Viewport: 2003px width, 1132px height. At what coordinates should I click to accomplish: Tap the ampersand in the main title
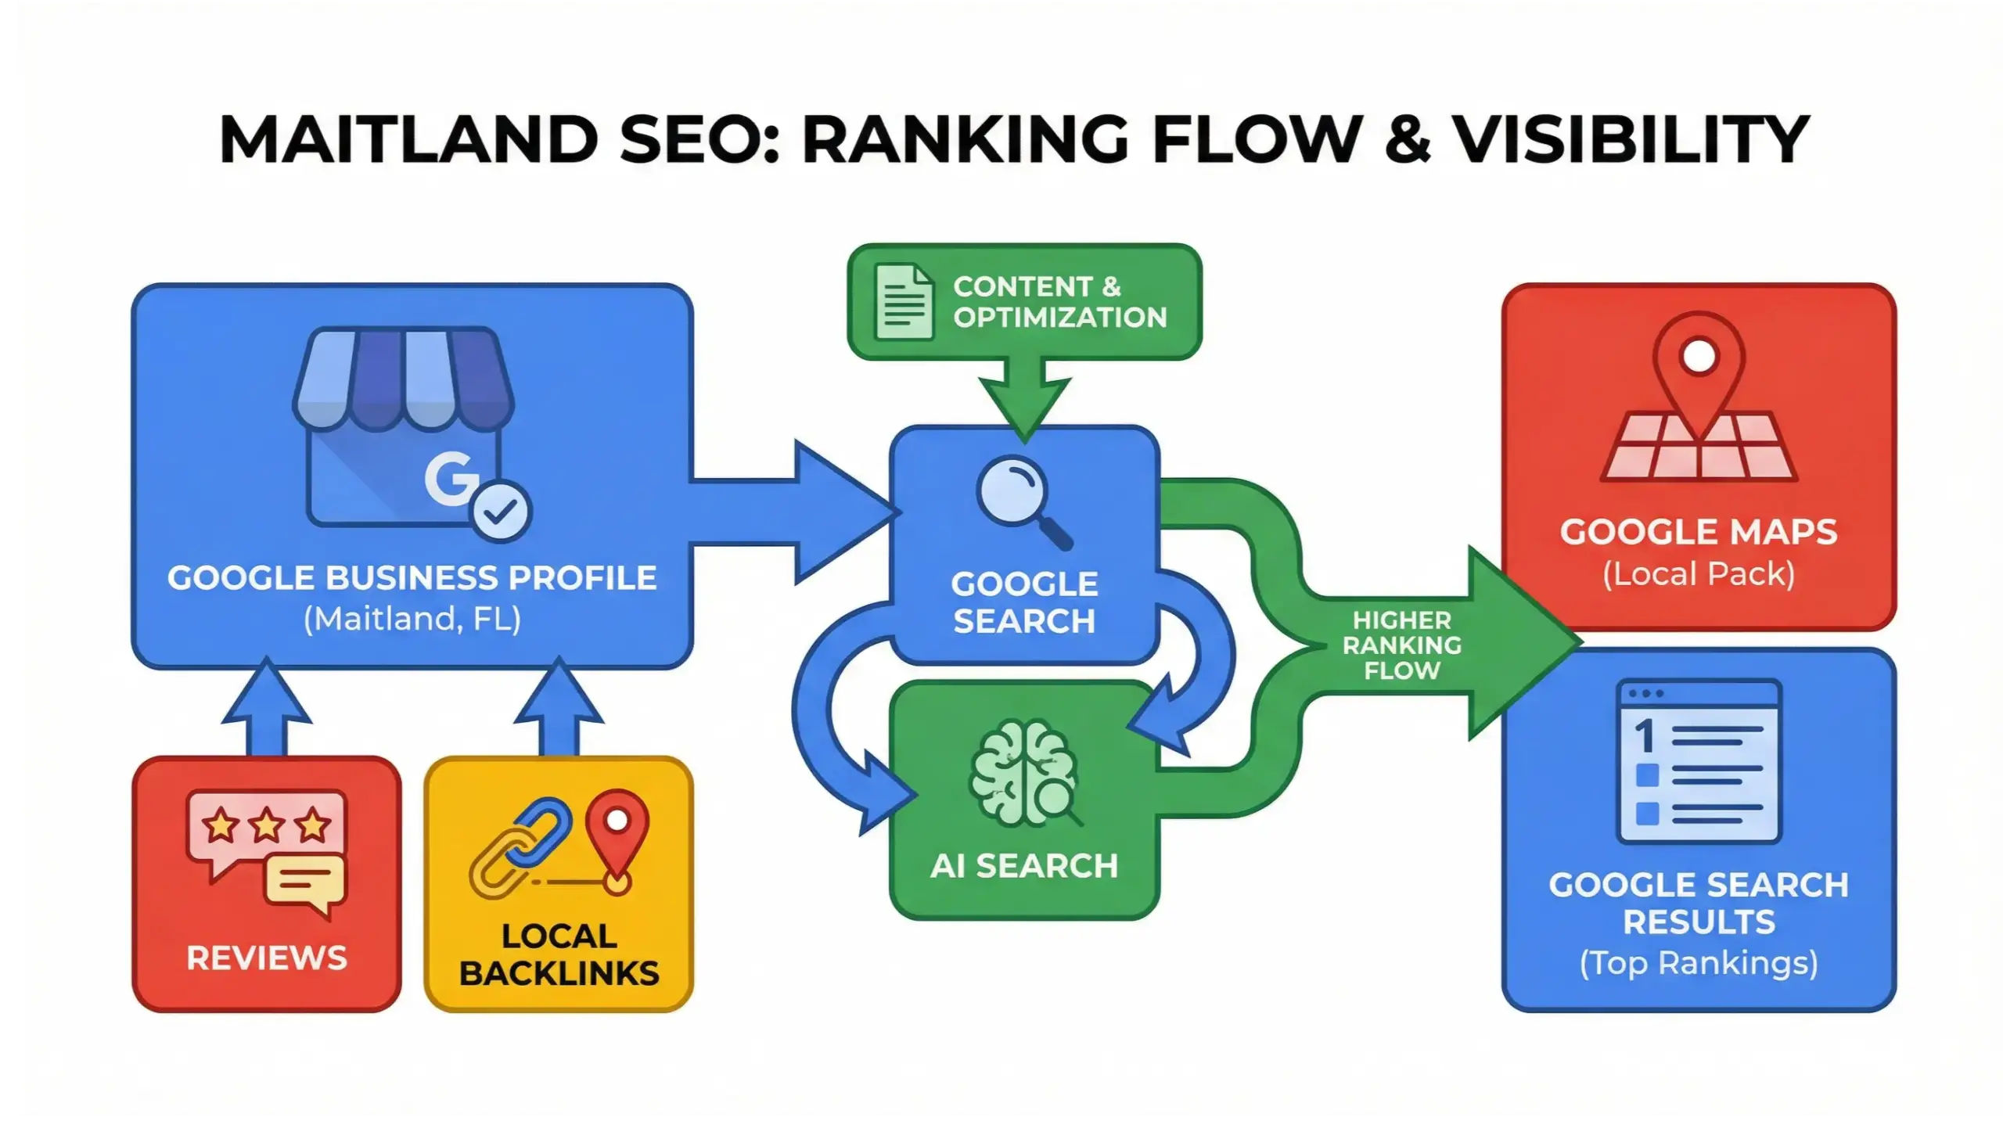click(1406, 140)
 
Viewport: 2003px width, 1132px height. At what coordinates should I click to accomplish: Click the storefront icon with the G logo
click(404, 426)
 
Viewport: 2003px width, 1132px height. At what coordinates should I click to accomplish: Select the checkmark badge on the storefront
click(501, 511)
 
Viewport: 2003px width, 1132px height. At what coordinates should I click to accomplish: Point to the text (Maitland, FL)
click(412, 620)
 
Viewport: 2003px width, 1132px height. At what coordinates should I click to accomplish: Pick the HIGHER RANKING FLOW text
click(1401, 645)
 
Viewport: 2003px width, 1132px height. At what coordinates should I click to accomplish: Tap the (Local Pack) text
click(1698, 574)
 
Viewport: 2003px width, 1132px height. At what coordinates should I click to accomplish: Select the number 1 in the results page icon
click(1644, 736)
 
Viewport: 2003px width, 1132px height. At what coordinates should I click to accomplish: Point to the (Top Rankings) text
click(1698, 962)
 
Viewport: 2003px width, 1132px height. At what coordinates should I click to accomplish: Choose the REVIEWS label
click(266, 958)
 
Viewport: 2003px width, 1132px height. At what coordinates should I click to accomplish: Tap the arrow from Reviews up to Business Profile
click(267, 709)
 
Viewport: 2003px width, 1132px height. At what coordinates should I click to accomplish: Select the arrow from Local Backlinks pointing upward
click(559, 709)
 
